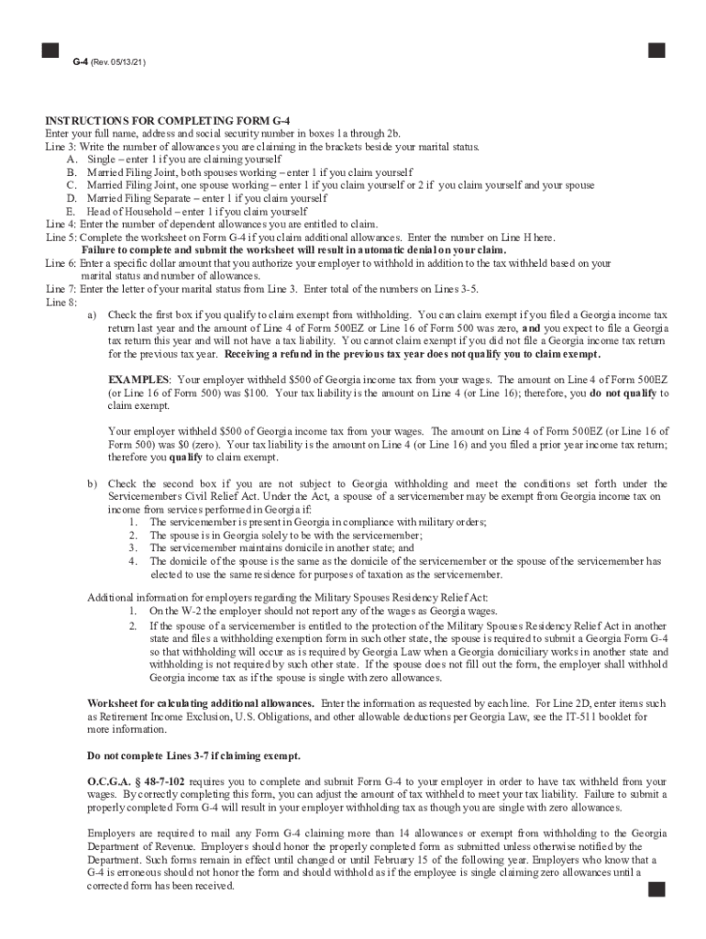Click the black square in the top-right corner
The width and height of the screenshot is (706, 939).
656,50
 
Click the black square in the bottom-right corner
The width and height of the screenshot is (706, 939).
656,889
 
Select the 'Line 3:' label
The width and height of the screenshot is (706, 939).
61,147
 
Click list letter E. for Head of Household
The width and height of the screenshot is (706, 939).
72,211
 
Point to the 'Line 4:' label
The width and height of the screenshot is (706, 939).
61,224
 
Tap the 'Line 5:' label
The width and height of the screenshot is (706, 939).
61,237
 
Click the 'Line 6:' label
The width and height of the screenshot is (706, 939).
61,263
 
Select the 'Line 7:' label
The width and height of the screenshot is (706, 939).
61,289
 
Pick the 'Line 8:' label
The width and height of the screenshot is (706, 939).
61,302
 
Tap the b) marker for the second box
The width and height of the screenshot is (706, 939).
93,483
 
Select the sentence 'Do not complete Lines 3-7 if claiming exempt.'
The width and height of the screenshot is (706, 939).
193,757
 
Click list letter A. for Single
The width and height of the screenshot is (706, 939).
72,160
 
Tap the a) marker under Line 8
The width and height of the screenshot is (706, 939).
93,315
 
